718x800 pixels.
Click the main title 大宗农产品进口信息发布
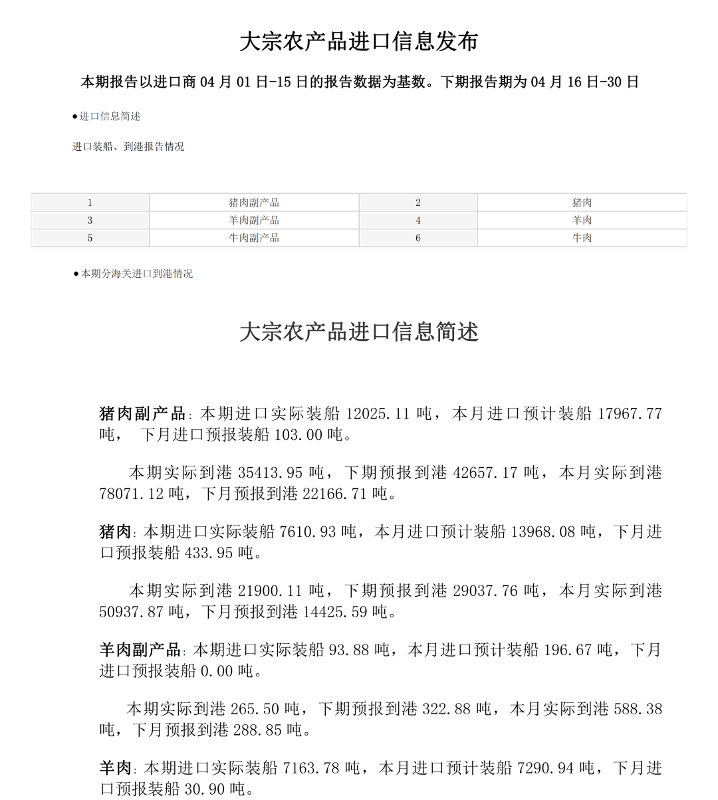click(x=358, y=42)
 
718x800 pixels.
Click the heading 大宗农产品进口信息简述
click(x=358, y=332)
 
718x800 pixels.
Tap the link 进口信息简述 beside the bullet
click(x=110, y=116)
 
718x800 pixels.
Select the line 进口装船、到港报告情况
click(x=128, y=147)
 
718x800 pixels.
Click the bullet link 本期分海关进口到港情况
click(x=137, y=274)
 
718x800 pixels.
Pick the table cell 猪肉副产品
click(x=254, y=203)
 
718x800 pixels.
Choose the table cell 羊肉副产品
click(x=254, y=221)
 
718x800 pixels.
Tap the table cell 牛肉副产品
click(x=254, y=238)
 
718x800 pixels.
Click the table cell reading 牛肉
click(x=582, y=238)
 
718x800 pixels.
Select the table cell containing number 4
click(x=418, y=221)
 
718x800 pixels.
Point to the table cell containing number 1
click(x=90, y=203)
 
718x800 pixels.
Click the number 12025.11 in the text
click(x=378, y=414)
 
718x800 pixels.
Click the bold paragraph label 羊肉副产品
click(x=140, y=650)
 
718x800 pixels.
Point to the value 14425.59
click(x=334, y=611)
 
